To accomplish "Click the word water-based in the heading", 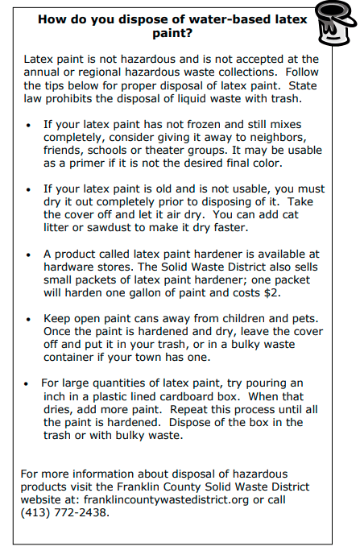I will pos(220,19).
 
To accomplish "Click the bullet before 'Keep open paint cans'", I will pos(28,320).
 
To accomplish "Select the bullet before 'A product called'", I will pos(28,254).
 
